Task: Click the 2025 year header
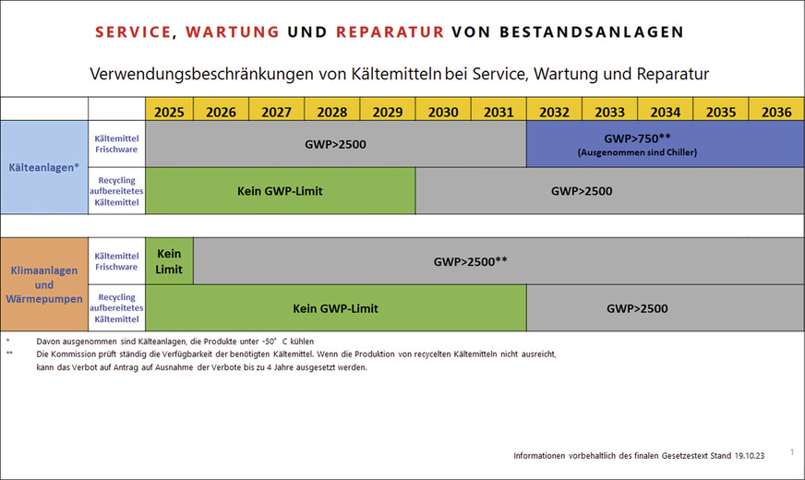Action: click(169, 112)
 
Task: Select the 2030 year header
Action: click(443, 112)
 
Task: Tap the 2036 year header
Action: click(776, 112)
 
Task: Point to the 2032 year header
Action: click(554, 112)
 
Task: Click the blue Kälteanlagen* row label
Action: click(43, 168)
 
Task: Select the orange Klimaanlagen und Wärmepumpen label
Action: click(43, 285)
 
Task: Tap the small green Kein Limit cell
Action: click(169, 260)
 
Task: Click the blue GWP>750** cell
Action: click(637, 138)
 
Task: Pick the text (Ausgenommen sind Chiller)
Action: click(637, 151)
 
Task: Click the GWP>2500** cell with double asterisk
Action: click(471, 261)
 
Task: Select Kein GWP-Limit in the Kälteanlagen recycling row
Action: click(280, 191)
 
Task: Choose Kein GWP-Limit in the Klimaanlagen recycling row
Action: click(335, 308)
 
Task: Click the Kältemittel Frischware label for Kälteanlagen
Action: click(116, 144)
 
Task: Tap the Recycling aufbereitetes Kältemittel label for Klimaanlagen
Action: click(116, 308)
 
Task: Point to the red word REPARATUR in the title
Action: click(390, 32)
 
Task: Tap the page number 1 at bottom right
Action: click(792, 451)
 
